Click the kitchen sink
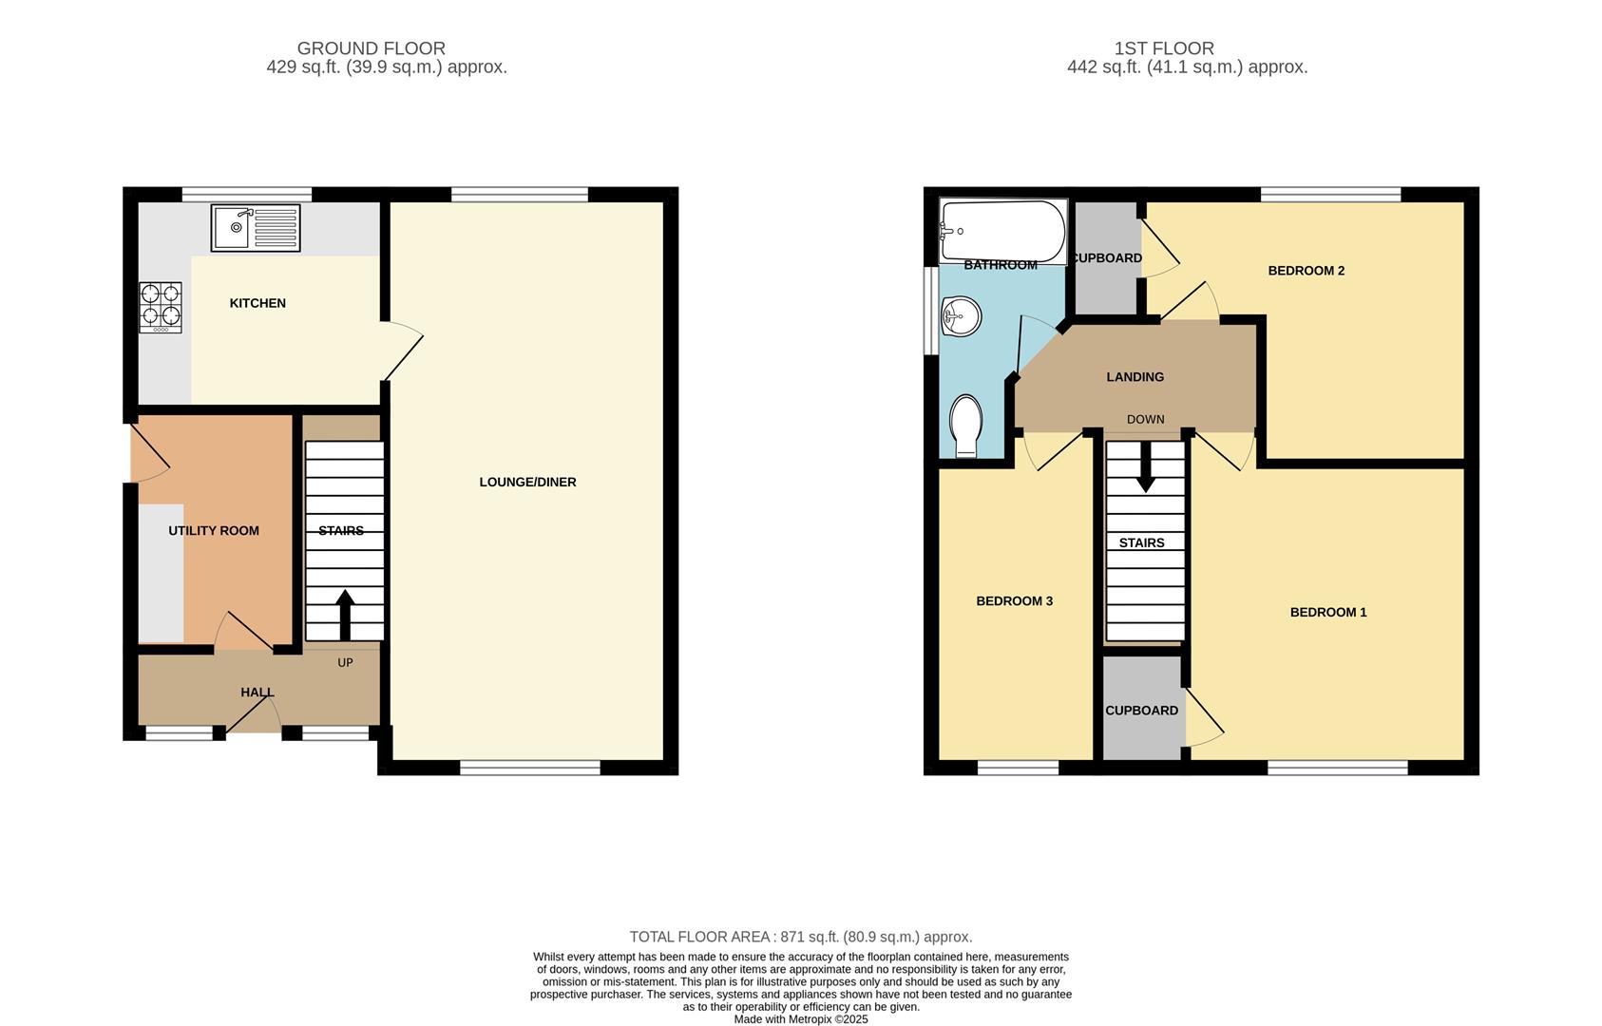point(255,228)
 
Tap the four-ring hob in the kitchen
point(160,307)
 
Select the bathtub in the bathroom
point(1001,230)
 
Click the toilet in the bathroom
point(966,425)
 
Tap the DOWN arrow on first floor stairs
point(1146,466)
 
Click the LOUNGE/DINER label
point(527,482)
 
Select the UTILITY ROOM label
point(214,531)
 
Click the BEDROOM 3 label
point(1014,600)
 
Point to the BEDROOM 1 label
point(1327,612)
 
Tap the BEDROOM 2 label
point(1306,271)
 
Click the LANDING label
point(1135,377)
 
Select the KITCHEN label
point(257,303)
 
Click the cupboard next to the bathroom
point(1105,258)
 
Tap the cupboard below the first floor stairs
point(1141,711)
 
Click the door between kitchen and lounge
point(403,351)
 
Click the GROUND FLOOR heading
point(371,48)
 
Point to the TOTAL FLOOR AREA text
point(800,937)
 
